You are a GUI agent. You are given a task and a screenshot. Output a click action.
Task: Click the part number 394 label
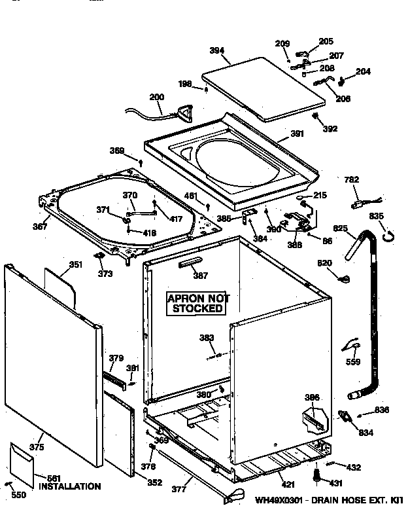pos(216,50)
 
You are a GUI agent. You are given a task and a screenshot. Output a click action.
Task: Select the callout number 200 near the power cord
pos(156,98)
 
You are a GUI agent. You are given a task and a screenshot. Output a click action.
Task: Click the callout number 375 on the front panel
pos(37,447)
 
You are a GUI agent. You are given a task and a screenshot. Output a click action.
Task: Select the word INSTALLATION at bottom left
pos(69,486)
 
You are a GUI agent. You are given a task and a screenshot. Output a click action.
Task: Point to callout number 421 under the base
pos(288,484)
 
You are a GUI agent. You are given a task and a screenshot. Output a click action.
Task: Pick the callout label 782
pos(352,180)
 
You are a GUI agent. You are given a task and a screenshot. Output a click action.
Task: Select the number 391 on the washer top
pos(297,135)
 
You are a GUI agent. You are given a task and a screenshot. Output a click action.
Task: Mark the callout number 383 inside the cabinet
pos(207,338)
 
